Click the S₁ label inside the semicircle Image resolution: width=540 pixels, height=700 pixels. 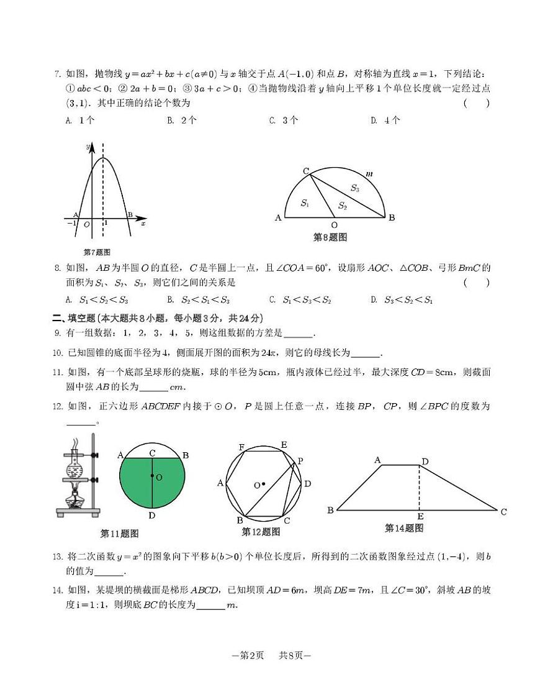pos(305,203)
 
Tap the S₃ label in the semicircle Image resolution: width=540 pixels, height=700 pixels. pos(354,188)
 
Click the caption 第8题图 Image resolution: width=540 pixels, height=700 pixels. pos(330,237)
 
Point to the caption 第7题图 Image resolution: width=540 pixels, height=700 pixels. pos(96,252)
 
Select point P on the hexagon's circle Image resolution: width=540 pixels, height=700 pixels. pos(300,461)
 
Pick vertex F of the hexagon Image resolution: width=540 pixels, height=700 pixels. pos(241,447)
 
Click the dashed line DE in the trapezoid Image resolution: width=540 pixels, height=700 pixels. pos(420,488)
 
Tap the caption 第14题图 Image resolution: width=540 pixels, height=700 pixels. pos(404,528)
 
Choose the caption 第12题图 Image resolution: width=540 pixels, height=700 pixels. pos(261,532)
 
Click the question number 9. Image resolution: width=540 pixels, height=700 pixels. pos(58,333)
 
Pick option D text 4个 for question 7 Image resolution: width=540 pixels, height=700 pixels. pos(392,120)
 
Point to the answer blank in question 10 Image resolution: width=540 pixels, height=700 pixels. pos(365,355)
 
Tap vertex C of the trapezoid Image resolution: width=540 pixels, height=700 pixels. pos(503,512)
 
